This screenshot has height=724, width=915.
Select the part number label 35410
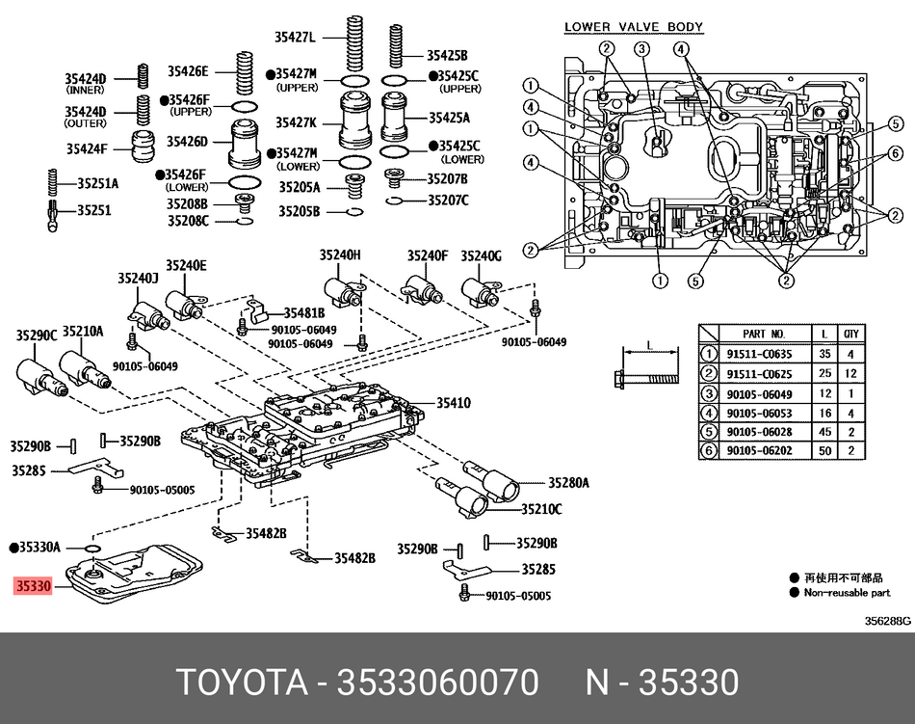click(x=453, y=403)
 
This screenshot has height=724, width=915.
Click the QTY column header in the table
click(x=850, y=333)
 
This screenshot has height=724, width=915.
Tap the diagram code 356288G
click(x=886, y=621)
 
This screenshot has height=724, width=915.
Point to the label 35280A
click(x=568, y=482)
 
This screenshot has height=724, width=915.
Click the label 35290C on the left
click(x=35, y=335)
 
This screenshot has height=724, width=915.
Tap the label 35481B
click(x=304, y=312)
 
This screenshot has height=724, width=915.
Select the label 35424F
click(x=86, y=148)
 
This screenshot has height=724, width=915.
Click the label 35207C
click(x=449, y=200)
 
